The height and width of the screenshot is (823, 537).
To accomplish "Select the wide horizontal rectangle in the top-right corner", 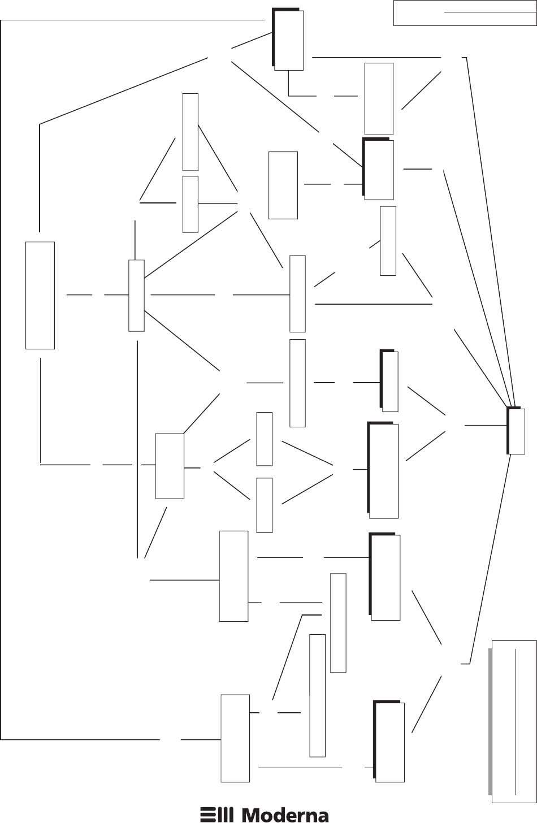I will (x=464, y=14).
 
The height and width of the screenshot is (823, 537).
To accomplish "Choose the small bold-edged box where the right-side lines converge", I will (x=516, y=431).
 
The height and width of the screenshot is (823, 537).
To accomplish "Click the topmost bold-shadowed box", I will (x=288, y=40).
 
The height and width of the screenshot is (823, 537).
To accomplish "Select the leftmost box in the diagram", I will (x=40, y=295).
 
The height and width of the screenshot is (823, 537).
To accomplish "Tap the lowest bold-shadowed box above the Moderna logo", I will (x=389, y=742).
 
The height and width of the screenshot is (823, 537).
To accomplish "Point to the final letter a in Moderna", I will (x=322, y=816).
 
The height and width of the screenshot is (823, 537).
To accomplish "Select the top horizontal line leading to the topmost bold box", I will (x=133, y=20).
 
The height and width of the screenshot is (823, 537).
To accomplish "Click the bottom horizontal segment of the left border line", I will (x=79, y=739).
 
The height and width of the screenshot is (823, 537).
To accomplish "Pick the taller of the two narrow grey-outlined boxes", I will (x=318, y=695).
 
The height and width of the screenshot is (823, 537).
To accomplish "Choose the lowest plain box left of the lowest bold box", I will (x=235, y=738).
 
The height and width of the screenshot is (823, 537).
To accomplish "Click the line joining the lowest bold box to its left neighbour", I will (x=300, y=768).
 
